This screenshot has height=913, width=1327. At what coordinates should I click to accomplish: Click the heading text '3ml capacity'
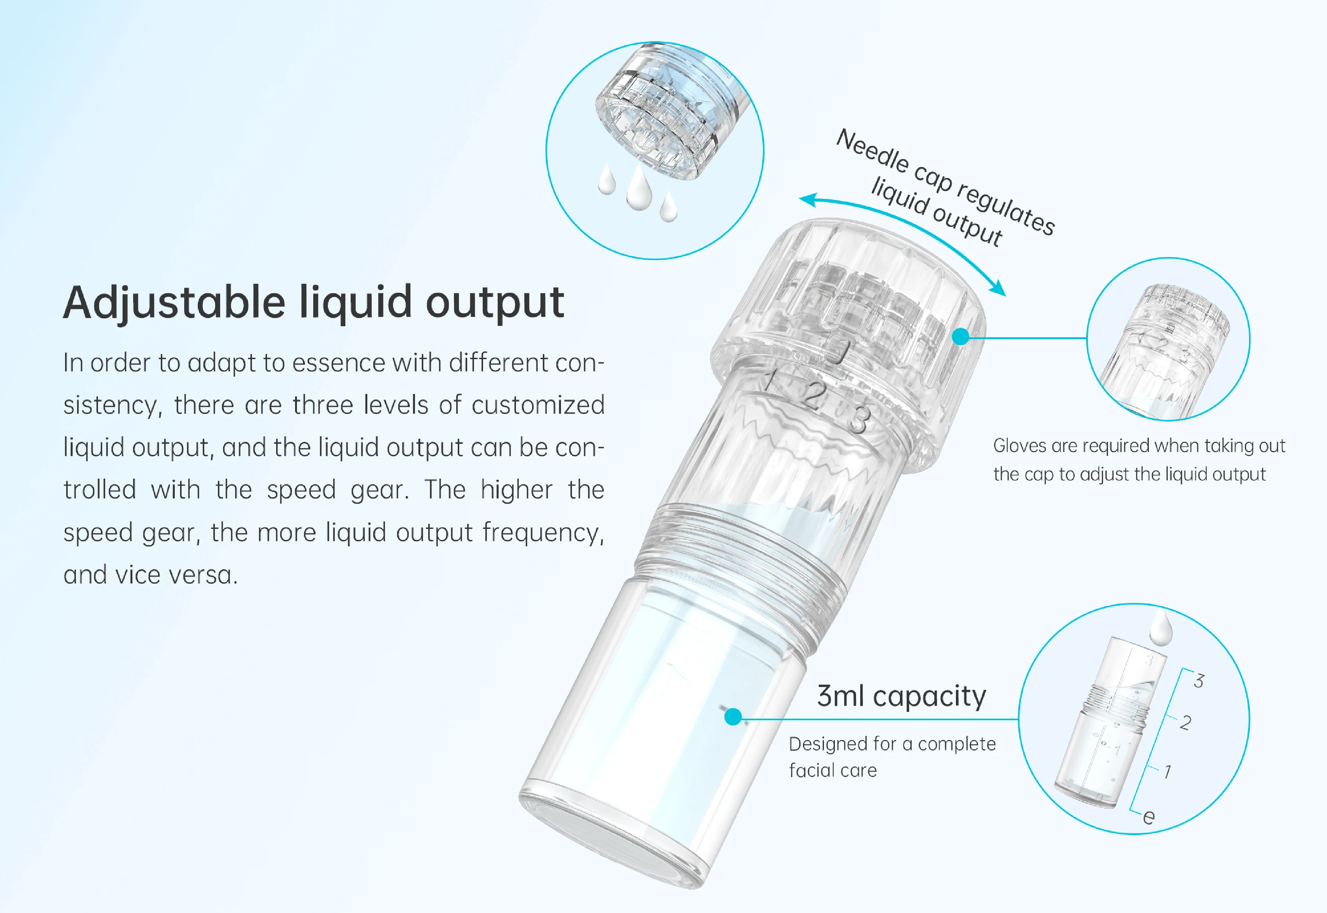901,697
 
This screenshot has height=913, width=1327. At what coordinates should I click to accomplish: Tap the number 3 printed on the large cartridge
858,420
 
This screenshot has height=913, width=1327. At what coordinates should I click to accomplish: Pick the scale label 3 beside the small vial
1199,681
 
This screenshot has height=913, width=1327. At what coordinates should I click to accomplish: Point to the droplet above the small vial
1161,628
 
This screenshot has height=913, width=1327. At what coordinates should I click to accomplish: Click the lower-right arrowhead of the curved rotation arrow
999,289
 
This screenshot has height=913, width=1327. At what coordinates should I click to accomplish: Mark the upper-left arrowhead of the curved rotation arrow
807,200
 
